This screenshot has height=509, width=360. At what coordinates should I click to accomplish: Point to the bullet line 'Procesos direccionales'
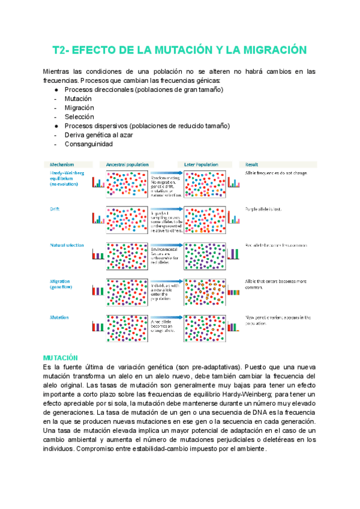[x=143, y=89]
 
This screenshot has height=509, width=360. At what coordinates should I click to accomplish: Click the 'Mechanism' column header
[x=62, y=164]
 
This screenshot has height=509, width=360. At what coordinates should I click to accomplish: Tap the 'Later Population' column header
[x=202, y=164]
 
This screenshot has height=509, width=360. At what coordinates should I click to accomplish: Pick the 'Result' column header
[x=252, y=164]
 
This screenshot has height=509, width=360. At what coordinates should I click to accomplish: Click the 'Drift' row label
[x=54, y=209]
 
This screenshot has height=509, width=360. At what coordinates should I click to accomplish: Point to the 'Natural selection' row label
[x=67, y=245]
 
